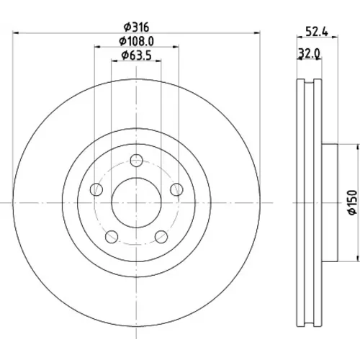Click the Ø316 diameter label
136,27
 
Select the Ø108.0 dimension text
136,42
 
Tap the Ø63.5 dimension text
136,55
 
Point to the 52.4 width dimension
317,31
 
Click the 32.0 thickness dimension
309,53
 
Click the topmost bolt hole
137,161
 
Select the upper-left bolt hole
96,189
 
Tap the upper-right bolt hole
176,189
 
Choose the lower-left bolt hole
112,237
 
